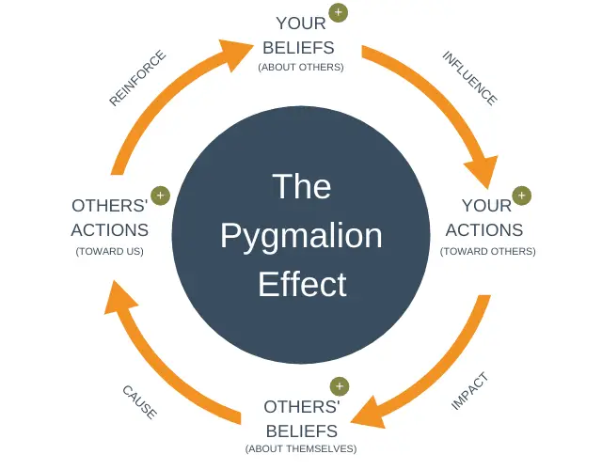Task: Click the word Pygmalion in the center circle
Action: click(301, 235)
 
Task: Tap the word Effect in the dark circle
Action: click(302, 284)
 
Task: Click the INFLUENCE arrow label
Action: click(469, 78)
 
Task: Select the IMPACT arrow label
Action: click(470, 392)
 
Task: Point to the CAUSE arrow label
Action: click(139, 401)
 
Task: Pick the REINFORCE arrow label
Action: click(137, 78)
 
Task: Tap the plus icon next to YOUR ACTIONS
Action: click(521, 196)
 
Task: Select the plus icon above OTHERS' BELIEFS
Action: click(339, 386)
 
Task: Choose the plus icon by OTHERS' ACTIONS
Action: click(160, 196)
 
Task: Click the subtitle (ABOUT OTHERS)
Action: click(301, 67)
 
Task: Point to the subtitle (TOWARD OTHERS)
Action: click(487, 251)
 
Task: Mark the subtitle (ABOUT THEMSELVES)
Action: click(301, 448)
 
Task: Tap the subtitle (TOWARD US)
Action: click(110, 251)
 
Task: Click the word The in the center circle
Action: click(301, 186)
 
